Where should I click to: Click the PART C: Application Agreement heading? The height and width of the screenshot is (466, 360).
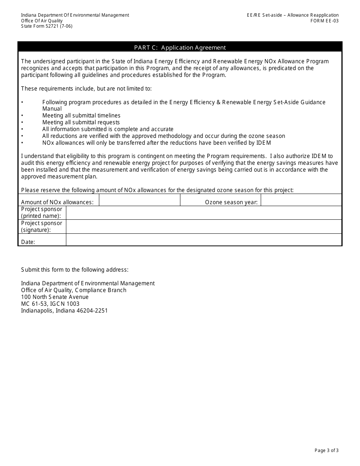pos(180,47)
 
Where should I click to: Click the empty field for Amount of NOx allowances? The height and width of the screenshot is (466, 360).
pos(139,200)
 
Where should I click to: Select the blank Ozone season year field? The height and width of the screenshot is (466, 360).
pos(301,200)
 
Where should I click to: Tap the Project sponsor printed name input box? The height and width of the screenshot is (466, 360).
pos(203,213)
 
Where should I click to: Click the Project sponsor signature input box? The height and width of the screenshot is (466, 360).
pos(203,227)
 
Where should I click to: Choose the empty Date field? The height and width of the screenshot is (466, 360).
pos(203,240)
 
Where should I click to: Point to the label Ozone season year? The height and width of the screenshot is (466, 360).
pos(231,202)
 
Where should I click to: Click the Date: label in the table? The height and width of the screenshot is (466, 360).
pos(28,242)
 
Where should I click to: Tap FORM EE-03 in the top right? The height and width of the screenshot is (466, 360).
pos(324,21)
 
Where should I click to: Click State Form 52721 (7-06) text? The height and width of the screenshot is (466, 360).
pos(47,26)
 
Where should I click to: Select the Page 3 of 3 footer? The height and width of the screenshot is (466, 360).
pos(326,450)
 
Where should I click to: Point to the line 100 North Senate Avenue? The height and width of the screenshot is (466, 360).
pos(55,297)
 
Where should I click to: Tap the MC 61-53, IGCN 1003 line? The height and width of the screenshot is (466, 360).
pos(50,304)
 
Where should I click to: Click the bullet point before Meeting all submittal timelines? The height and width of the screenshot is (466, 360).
pos(22,116)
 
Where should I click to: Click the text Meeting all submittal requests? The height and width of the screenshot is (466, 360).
pos(81,122)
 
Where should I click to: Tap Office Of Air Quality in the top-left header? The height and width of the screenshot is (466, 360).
pos(42,21)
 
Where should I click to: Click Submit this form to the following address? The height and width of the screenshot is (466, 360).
pos(75,270)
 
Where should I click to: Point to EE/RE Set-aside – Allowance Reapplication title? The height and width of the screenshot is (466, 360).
pos(292,15)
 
